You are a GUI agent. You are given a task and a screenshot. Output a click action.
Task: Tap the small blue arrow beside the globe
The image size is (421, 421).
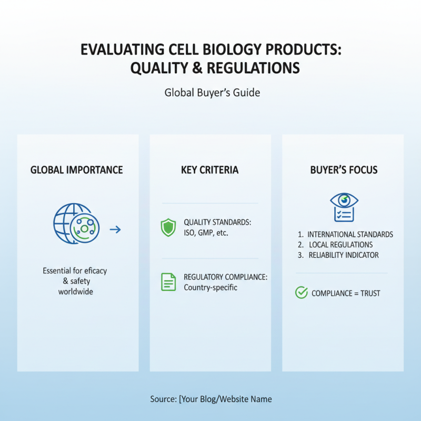tap(115, 229)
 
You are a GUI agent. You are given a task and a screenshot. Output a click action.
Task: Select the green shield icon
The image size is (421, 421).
tap(168, 227)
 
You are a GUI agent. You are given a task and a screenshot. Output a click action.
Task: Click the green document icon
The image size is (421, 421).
tap(168, 282)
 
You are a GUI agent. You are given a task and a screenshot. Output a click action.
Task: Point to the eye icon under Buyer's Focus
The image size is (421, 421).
tap(344, 201)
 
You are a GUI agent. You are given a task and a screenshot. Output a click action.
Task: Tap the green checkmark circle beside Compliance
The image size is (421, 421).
tap(302, 293)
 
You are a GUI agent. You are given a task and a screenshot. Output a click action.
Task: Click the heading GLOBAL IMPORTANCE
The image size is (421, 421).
tap(77, 170)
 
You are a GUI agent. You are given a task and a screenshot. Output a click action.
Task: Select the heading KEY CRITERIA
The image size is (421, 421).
tap(209, 170)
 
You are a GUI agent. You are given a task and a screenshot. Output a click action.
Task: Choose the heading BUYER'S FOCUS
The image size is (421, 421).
tap(344, 170)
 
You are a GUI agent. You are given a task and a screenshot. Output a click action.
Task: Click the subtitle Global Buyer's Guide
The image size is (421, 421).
tap(213, 93)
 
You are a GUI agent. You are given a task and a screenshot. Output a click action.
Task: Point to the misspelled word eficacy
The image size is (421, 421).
tap(94, 270)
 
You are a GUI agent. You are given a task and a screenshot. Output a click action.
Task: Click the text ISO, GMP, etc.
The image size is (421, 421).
tap(206, 233)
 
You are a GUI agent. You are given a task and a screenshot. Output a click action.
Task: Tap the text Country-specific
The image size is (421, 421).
tap(210, 287)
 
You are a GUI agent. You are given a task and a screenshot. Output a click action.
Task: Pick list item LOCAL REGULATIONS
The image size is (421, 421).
tap(340, 245)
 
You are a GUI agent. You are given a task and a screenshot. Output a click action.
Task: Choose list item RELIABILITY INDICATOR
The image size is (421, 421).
tap(343, 255)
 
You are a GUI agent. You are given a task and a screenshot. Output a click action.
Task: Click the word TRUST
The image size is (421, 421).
tap(370, 293)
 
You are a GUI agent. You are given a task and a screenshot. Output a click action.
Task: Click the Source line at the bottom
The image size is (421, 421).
tap(210, 399)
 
